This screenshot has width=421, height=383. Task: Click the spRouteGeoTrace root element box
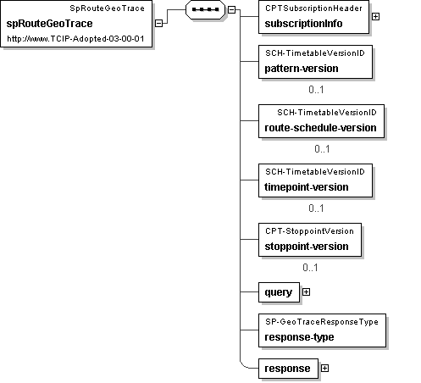pyautogui.click(x=76, y=24)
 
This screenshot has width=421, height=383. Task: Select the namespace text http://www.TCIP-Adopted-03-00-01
pyautogui.click(x=75, y=39)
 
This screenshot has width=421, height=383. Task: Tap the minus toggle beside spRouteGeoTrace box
pyautogui.click(x=159, y=23)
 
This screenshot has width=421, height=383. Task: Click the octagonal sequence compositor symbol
pyautogui.click(x=205, y=9)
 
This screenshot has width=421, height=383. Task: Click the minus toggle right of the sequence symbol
pyautogui.click(x=231, y=9)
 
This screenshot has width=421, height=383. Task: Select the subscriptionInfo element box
pyautogui.click(x=313, y=17)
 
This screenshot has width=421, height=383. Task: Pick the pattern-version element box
pyautogui.click(x=315, y=62)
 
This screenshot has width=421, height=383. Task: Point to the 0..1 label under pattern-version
pyautogui.click(x=316, y=90)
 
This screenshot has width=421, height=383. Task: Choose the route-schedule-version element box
pyautogui.click(x=321, y=121)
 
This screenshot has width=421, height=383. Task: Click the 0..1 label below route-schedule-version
pyautogui.click(x=322, y=149)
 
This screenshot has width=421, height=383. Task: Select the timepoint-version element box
pyautogui.click(x=315, y=180)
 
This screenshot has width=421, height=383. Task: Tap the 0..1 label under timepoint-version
pyautogui.click(x=316, y=208)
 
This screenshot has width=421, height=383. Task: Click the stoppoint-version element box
pyautogui.click(x=310, y=240)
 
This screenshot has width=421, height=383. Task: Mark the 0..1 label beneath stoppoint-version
pyautogui.click(x=310, y=268)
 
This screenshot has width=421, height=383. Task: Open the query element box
pyautogui.click(x=279, y=292)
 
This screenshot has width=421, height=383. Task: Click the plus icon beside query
pyautogui.click(x=306, y=292)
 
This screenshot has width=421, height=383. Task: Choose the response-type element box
pyautogui.click(x=322, y=330)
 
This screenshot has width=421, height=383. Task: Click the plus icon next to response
pyautogui.click(x=324, y=369)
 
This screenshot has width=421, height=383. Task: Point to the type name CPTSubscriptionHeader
pyautogui.click(x=313, y=8)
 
